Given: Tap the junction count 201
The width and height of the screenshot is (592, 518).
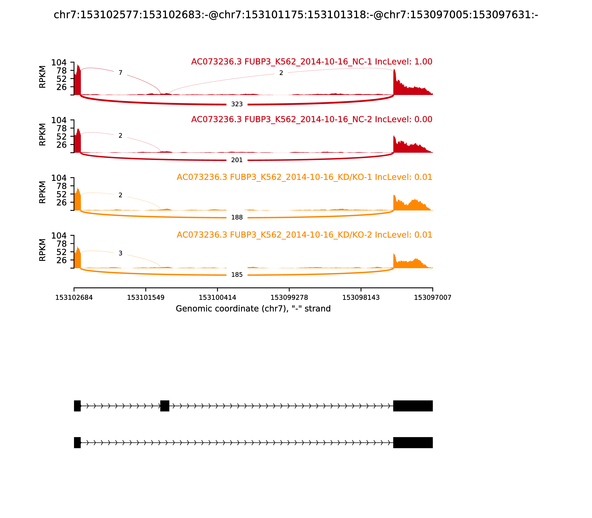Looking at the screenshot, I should click(237, 160).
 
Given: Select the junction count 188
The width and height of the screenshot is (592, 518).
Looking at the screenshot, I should click(237, 217).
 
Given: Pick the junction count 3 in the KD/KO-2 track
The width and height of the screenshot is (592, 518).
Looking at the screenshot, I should click(121, 253).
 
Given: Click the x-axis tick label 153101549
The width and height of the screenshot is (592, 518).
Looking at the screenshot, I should click(146, 298).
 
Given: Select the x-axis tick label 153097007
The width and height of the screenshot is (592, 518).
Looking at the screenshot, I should click(433, 298).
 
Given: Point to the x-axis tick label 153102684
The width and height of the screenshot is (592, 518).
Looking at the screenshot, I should click(74, 298).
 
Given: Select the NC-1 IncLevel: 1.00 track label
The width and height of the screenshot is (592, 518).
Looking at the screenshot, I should click(312, 62).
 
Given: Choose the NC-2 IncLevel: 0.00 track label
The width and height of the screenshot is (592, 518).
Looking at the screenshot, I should click(312, 119).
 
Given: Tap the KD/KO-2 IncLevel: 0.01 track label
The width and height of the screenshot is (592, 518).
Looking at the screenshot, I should click(304, 235).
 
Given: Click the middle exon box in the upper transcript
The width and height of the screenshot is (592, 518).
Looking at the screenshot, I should click(165, 406).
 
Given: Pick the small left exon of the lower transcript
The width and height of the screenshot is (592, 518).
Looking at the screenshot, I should click(77, 443).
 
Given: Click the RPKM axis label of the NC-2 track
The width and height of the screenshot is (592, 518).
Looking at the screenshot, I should click(43, 134).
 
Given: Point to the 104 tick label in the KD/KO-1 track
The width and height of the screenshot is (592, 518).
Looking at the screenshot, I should click(59, 178).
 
